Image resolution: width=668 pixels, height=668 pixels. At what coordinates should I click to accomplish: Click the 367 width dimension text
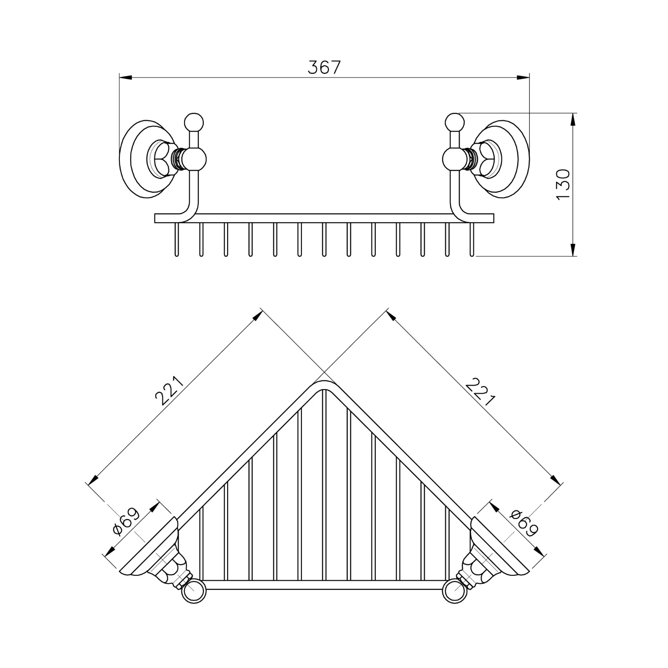click(x=324, y=67)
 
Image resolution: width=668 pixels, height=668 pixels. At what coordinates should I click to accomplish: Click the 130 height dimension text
click(x=563, y=184)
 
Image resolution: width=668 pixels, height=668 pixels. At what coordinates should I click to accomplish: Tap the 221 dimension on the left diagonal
click(x=170, y=391)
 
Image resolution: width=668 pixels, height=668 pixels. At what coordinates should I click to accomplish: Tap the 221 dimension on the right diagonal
click(x=480, y=391)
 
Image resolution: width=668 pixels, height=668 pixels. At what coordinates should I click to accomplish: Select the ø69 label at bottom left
click(x=126, y=521)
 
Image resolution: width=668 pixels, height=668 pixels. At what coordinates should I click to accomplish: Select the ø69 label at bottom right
click(x=524, y=523)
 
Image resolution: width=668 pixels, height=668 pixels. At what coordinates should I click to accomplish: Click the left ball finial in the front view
click(x=194, y=122)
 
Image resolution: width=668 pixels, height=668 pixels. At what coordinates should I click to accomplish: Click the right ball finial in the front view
click(x=455, y=122)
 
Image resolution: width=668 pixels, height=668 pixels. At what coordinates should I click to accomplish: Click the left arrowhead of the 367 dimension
click(x=126, y=77)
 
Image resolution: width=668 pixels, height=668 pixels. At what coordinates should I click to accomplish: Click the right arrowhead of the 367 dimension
click(x=523, y=77)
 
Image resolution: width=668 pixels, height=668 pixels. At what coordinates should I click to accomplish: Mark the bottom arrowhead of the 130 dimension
click(x=573, y=249)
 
